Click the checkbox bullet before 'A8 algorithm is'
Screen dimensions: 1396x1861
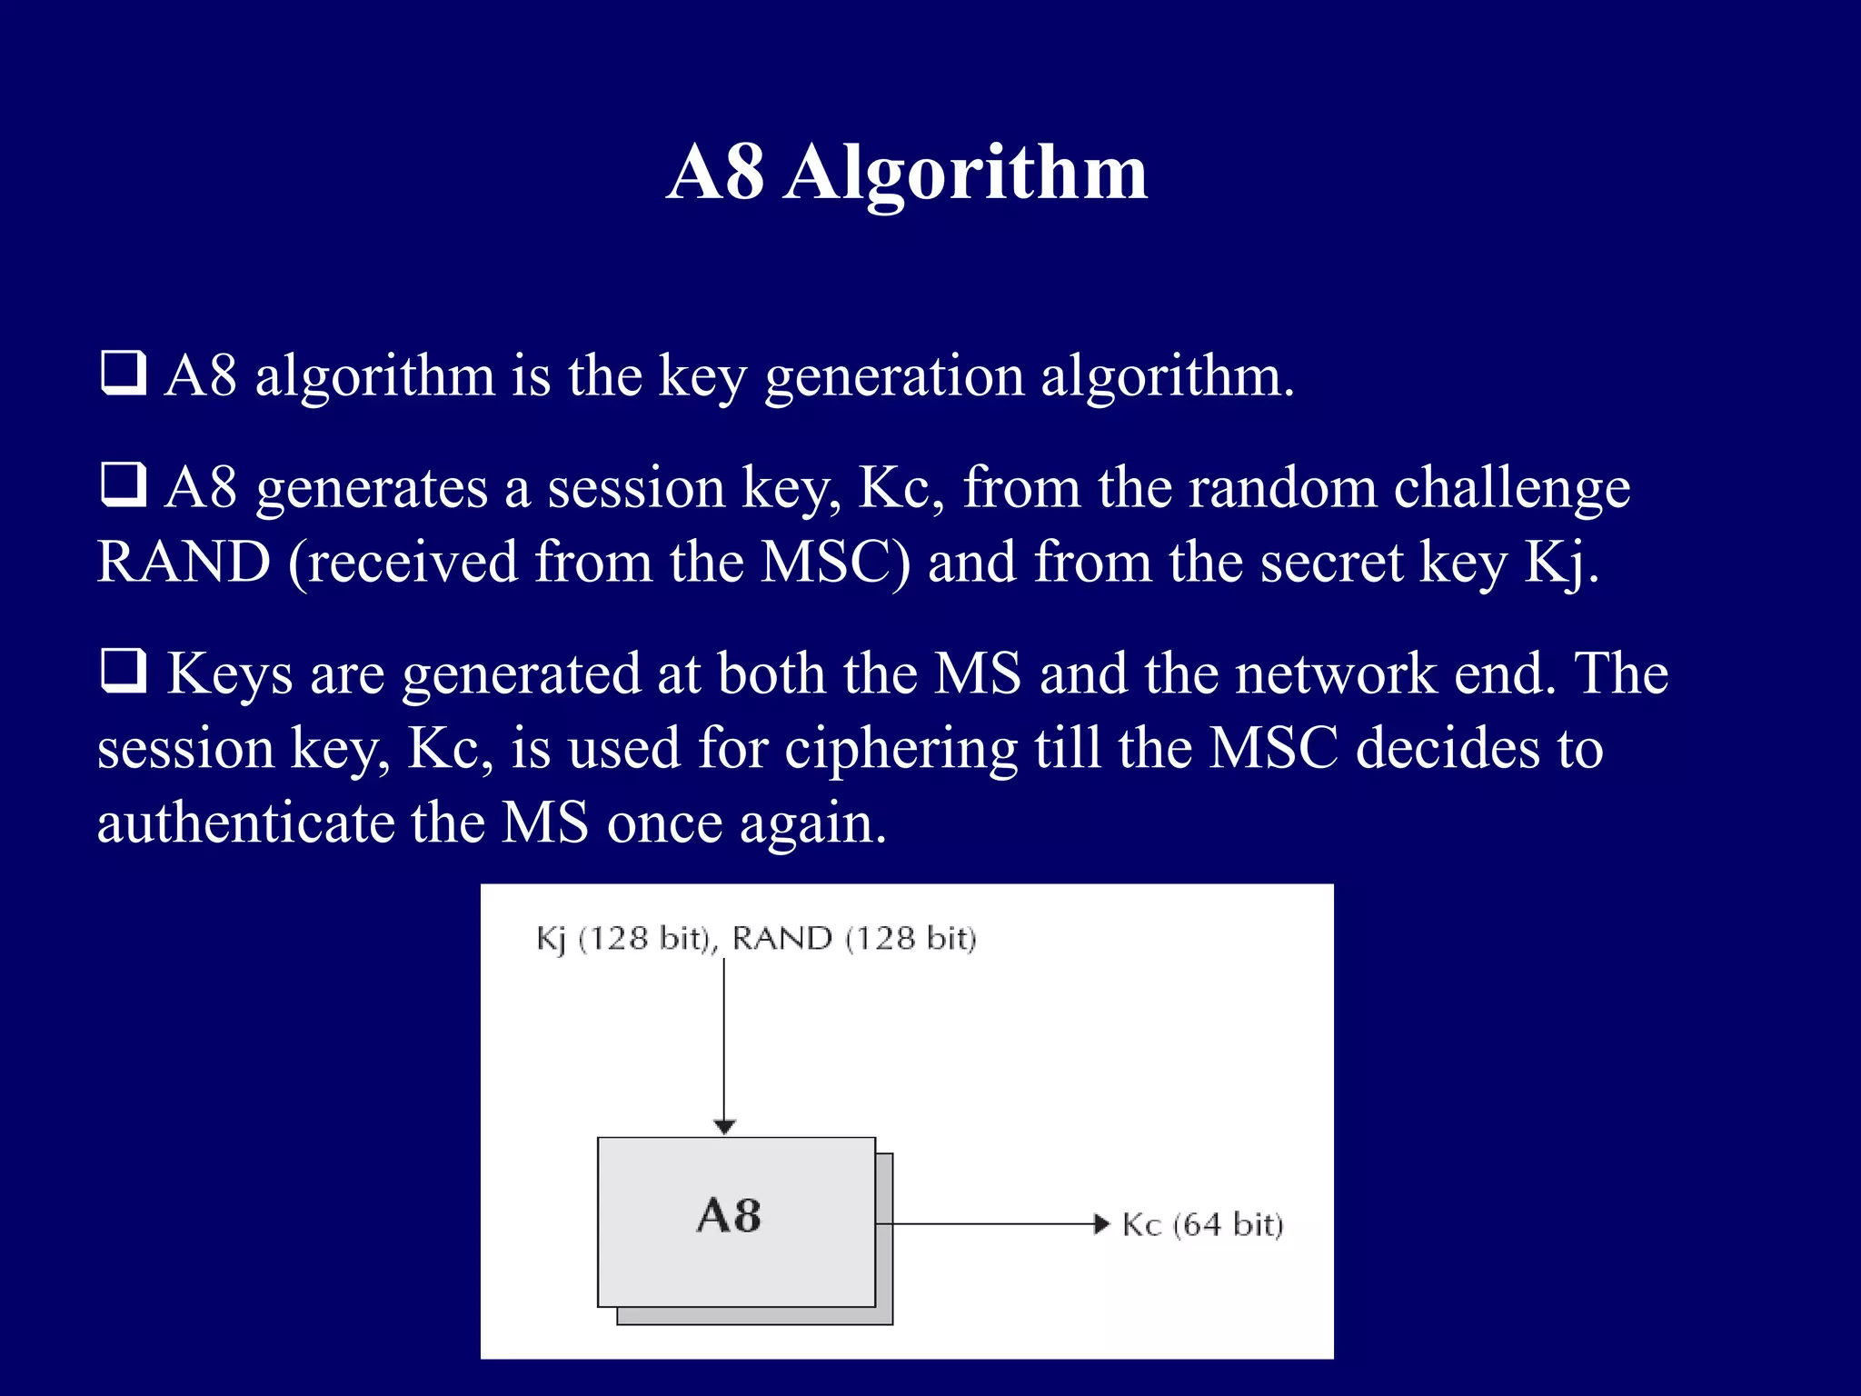pos(123,373)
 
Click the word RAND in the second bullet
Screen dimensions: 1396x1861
pos(184,562)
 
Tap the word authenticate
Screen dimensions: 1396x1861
pos(245,823)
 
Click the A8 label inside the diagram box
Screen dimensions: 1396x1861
pos(729,1216)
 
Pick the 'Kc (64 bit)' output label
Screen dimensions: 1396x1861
pos(1202,1225)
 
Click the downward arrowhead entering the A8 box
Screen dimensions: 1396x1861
pos(724,1127)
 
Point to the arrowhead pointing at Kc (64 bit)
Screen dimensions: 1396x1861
pos(1101,1224)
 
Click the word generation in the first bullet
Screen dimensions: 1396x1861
pos(894,376)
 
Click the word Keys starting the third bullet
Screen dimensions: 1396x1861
pos(230,674)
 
